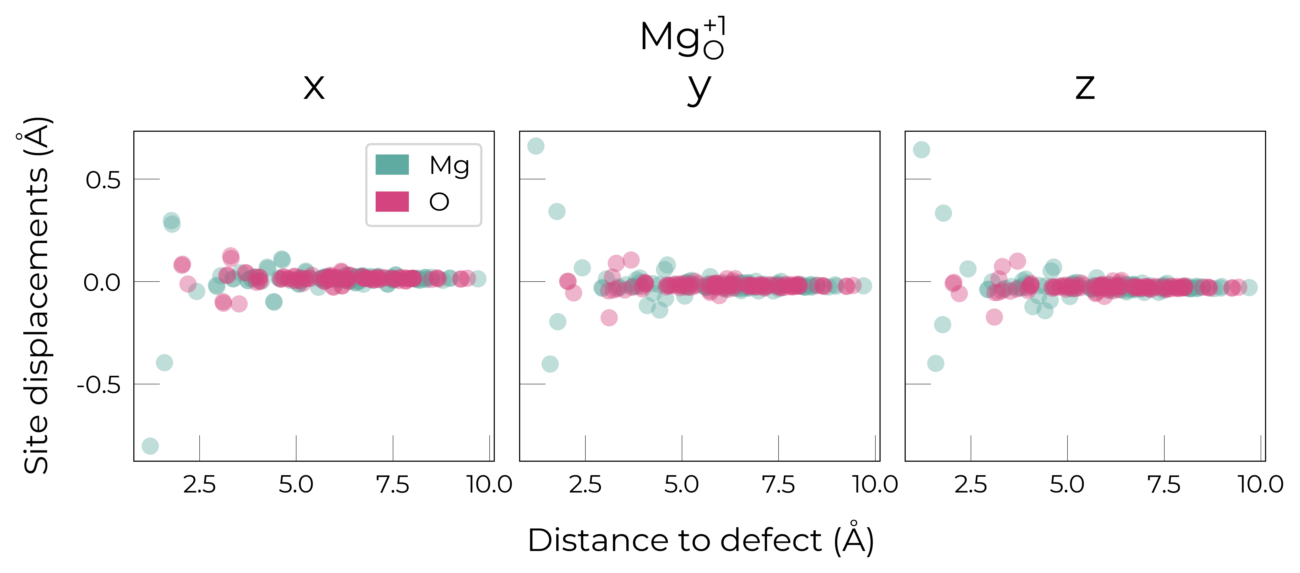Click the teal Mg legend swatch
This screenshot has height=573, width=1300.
tap(392, 164)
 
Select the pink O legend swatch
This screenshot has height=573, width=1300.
tap(392, 201)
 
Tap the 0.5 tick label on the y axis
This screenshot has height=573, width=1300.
tap(103, 180)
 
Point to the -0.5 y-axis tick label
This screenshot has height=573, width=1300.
tap(99, 385)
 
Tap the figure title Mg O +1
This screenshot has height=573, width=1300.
tap(682, 38)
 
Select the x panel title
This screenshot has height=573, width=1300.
tap(314, 88)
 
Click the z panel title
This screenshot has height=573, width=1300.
tap(1085, 88)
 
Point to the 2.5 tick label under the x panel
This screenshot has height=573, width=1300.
tap(199, 485)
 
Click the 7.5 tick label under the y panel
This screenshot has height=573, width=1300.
tap(778, 485)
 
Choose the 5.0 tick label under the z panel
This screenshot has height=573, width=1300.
tap(1067, 485)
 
